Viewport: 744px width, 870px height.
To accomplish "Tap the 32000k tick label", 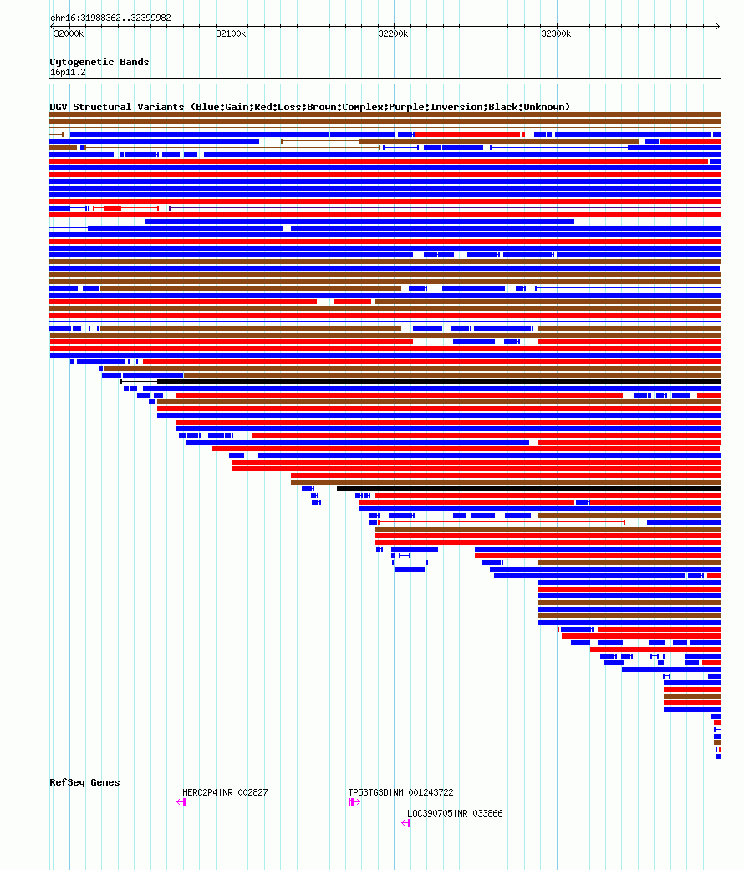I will tap(68, 33).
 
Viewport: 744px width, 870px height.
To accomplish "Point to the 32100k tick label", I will tap(231, 33).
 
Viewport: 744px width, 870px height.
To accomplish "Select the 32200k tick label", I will tap(393, 33).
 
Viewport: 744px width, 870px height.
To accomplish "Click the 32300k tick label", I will tap(556, 33).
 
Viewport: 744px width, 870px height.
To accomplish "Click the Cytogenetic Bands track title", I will tap(99, 62).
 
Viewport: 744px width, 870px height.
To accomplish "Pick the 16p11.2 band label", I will tap(68, 72).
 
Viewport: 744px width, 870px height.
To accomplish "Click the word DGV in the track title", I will tap(59, 107).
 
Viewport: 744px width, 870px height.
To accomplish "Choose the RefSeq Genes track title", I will tap(84, 782).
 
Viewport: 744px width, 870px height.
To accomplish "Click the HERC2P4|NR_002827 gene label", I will tap(225, 792).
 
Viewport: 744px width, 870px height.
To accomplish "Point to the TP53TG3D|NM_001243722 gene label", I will tap(400, 792).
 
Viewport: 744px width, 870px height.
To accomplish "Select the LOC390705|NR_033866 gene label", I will tap(455, 813).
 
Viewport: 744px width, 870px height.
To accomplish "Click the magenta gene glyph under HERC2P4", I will tap(181, 802).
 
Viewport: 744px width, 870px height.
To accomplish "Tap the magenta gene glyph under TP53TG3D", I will tap(354, 802).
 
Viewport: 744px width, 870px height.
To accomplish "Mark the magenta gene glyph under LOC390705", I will tap(405, 823).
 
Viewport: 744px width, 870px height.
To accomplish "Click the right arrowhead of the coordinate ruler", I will tap(717, 26).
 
